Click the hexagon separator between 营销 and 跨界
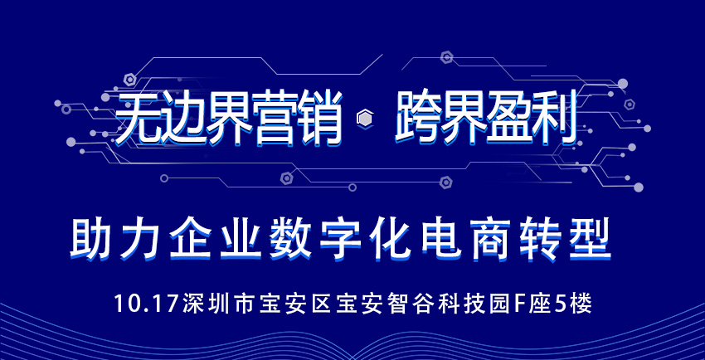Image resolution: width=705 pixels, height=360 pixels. tap(364, 119)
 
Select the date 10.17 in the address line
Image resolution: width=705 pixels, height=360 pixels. tap(147, 304)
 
